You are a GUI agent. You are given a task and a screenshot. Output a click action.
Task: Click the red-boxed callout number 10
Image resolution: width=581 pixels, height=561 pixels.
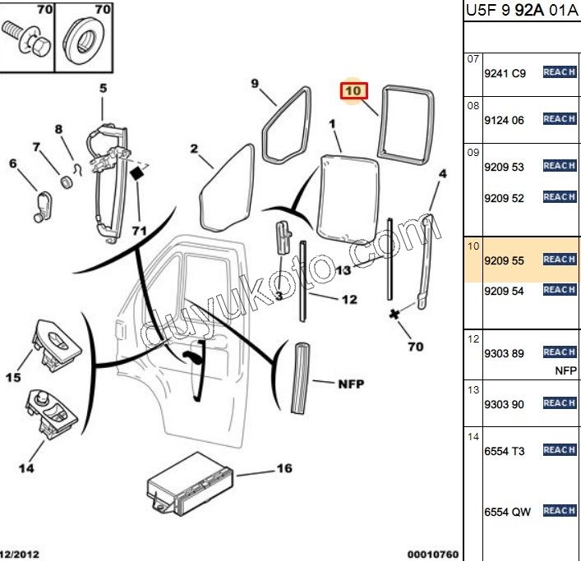(353, 91)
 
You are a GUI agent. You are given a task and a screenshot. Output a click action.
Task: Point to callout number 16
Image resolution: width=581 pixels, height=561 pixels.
(284, 470)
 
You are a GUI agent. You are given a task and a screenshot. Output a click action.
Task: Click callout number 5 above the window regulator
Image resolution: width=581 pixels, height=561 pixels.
(104, 89)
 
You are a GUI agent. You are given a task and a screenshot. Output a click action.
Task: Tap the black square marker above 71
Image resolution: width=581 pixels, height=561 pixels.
(138, 173)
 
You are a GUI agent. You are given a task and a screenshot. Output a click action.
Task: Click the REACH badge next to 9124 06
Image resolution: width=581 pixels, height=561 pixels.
(559, 119)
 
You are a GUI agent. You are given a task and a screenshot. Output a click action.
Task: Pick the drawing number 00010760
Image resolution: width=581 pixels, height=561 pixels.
(432, 554)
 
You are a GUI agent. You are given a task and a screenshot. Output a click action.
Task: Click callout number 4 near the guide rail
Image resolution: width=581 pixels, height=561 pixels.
(442, 174)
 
